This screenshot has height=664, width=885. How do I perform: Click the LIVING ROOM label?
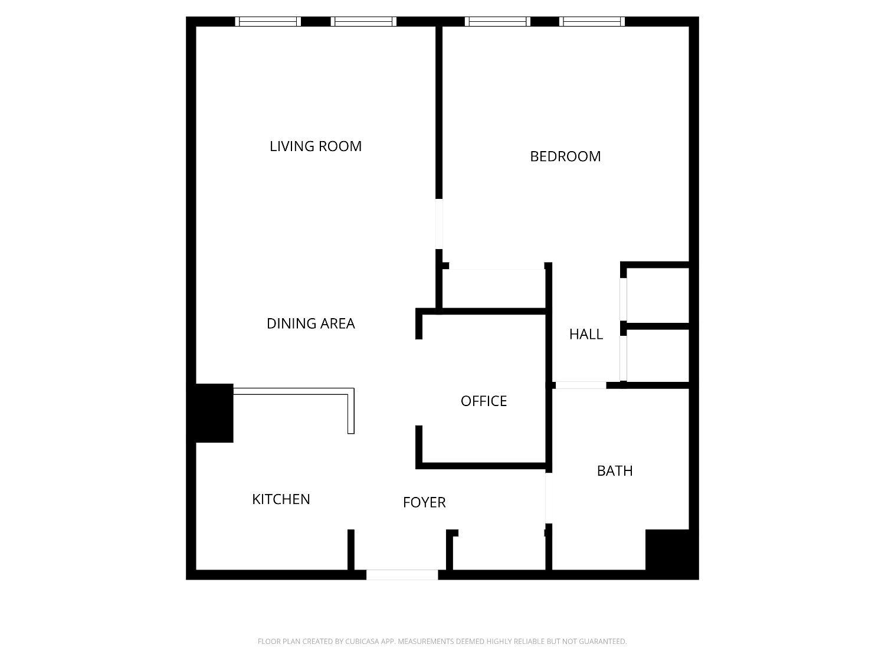click(316, 146)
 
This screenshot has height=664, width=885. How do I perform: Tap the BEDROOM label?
click(565, 156)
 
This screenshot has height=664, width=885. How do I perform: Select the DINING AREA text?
click(311, 323)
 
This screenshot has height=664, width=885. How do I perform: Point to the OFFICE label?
click(484, 401)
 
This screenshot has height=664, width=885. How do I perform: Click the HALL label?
click(586, 334)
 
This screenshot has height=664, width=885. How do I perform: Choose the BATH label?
click(615, 471)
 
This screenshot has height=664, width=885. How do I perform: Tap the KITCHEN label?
click(281, 499)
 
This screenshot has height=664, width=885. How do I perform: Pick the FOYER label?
click(424, 502)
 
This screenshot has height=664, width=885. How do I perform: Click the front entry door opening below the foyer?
click(402, 574)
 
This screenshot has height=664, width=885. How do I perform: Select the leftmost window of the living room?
click(268, 22)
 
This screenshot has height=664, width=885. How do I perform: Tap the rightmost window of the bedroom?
click(592, 22)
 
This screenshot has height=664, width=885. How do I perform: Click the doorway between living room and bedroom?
click(439, 224)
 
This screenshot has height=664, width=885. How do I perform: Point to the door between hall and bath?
click(581, 385)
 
